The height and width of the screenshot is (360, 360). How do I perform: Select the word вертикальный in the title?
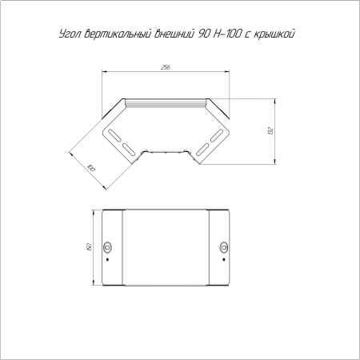(118, 34)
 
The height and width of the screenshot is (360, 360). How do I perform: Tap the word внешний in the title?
(174, 34)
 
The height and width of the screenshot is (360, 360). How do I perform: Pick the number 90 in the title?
(203, 34)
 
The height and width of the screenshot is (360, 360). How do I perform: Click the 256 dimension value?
(166, 68)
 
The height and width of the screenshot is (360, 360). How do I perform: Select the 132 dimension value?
(271, 131)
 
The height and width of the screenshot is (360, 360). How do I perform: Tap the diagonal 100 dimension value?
(91, 168)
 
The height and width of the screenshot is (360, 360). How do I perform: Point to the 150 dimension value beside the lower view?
(90, 247)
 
